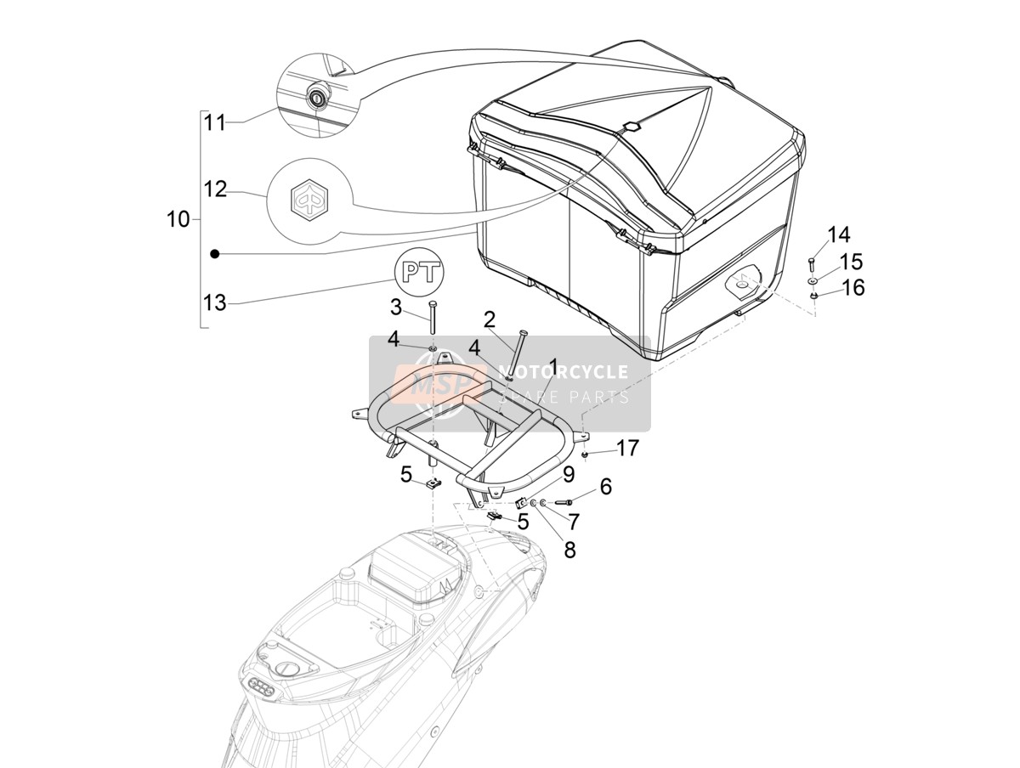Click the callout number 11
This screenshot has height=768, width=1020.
[215, 122]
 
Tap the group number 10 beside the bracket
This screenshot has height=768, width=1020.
[178, 219]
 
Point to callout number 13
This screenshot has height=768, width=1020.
[215, 303]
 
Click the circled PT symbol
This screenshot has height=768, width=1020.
[419, 271]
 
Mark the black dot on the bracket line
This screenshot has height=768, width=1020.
[214, 253]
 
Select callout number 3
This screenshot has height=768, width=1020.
[395, 307]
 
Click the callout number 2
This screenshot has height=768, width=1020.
[489, 320]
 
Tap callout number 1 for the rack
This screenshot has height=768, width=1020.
[553, 367]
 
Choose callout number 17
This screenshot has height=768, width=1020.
[628, 448]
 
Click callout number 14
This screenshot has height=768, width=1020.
[839, 235]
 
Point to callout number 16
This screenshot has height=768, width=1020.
[853, 287]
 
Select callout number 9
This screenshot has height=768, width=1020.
[569, 475]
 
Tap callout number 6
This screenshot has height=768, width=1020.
[605, 487]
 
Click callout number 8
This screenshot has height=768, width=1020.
[569, 550]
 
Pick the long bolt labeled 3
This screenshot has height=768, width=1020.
[433, 318]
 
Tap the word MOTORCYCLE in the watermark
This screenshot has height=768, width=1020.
[563, 371]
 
